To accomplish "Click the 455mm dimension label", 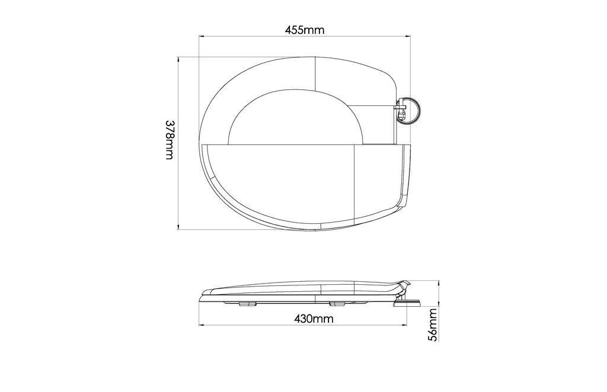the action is [x=305, y=30].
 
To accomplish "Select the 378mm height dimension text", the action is [x=170, y=140].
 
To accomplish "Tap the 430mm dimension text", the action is [x=314, y=319].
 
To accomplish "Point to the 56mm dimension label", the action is [x=433, y=324].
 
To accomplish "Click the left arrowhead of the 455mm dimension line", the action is [x=202, y=37].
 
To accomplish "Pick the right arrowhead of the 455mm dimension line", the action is [x=408, y=37].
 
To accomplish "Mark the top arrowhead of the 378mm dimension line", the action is [x=178, y=60].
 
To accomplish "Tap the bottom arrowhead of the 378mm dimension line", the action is [x=178, y=227].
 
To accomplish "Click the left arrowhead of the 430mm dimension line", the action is [x=202, y=326].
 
